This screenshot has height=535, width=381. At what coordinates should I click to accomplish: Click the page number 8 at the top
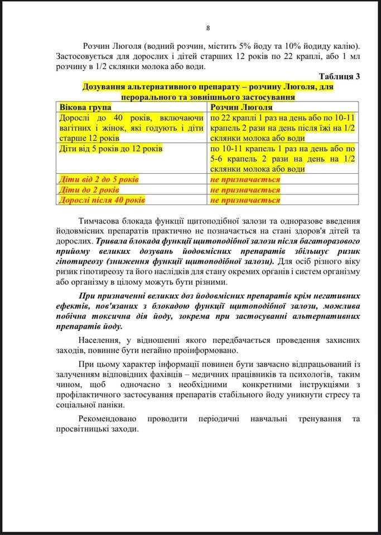[208, 28]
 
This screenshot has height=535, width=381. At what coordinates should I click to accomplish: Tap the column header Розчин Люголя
[241, 107]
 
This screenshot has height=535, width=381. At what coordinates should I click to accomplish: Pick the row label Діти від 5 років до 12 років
[110, 149]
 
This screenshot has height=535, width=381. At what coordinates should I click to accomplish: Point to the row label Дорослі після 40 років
[102, 200]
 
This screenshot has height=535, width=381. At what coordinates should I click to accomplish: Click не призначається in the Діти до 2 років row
[245, 190]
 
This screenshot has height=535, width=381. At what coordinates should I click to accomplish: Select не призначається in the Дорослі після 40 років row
[245, 200]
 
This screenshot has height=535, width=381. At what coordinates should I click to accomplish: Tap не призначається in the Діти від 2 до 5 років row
[245, 179]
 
